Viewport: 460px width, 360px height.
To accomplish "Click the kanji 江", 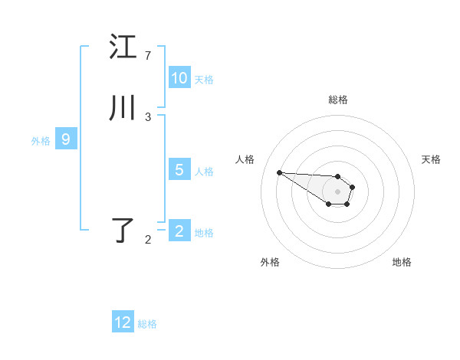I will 123,47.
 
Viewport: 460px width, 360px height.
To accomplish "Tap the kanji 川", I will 123,108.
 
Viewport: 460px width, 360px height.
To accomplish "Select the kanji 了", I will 123,231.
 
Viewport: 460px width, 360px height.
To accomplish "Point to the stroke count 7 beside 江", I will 148,56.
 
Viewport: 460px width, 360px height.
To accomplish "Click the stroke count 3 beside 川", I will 148,117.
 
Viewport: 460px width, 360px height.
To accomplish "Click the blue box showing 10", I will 179,78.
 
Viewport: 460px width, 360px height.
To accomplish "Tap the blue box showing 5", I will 179,170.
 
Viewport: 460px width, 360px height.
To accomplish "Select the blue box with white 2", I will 179,231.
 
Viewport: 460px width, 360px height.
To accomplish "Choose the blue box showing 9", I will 66,139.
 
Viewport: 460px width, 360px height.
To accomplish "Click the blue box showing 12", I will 123,322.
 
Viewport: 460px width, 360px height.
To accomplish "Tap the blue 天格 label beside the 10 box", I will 204,80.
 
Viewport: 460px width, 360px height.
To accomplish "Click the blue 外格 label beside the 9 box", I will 41,141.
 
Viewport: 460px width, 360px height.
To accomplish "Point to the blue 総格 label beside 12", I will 147,324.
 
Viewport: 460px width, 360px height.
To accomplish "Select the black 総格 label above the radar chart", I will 337,100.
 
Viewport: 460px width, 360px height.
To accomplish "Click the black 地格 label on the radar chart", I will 402,263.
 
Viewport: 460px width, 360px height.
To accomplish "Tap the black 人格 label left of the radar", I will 245,159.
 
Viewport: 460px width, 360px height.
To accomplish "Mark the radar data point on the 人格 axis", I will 279,172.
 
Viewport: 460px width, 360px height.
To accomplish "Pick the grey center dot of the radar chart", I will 337,191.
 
